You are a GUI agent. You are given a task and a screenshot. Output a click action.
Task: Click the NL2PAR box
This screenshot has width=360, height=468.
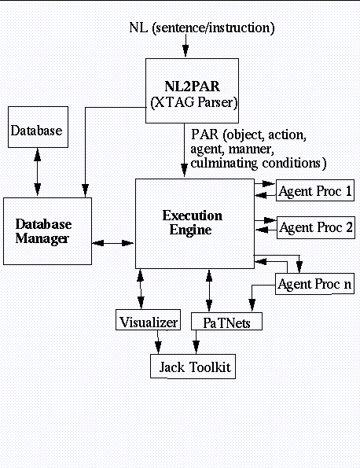pyautogui.click(x=192, y=90)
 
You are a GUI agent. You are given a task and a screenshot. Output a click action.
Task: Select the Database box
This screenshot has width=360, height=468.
pyautogui.click(x=38, y=127)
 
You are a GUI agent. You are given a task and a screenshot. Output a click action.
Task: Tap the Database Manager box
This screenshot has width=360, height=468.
pyautogui.click(x=47, y=231)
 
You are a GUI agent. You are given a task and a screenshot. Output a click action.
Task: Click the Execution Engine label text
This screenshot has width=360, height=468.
pyautogui.click(x=192, y=223)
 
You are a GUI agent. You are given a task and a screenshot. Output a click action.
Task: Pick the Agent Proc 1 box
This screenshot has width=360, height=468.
pyautogui.click(x=315, y=190)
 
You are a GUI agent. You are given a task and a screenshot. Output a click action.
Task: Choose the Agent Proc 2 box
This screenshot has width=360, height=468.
pyautogui.click(x=316, y=227)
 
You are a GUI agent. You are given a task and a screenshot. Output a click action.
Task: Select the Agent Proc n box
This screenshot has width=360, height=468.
pyautogui.click(x=314, y=284)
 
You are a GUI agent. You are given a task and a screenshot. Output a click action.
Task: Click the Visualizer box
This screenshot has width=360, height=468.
pyautogui.click(x=149, y=319)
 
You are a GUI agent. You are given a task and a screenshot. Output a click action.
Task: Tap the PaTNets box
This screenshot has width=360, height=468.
pyautogui.click(x=226, y=321)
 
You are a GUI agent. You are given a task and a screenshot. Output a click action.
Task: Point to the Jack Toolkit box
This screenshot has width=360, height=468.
pyautogui.click(x=193, y=367)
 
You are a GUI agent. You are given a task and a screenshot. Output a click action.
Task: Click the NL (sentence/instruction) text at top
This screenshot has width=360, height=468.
pyautogui.click(x=202, y=28)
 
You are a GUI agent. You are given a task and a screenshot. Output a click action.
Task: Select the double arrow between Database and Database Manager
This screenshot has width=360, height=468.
pyautogui.click(x=37, y=172)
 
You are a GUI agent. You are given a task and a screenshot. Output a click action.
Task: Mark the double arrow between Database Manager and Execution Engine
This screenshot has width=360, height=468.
pyautogui.click(x=113, y=243)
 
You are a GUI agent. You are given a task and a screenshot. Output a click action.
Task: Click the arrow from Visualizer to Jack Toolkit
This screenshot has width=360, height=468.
pyautogui.click(x=158, y=342)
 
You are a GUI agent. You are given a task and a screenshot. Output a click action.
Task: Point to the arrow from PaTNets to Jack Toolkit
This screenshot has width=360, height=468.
pyautogui.click(x=196, y=342)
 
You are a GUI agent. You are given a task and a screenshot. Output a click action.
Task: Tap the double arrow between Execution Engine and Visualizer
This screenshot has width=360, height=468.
pyautogui.click(x=141, y=289)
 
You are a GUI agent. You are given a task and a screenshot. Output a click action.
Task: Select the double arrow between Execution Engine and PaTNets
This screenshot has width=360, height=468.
pyautogui.click(x=209, y=290)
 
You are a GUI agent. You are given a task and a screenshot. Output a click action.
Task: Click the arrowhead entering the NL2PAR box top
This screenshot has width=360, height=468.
pyautogui.click(x=186, y=51)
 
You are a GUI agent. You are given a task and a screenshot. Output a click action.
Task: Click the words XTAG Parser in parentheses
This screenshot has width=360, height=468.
pyautogui.click(x=194, y=102)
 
